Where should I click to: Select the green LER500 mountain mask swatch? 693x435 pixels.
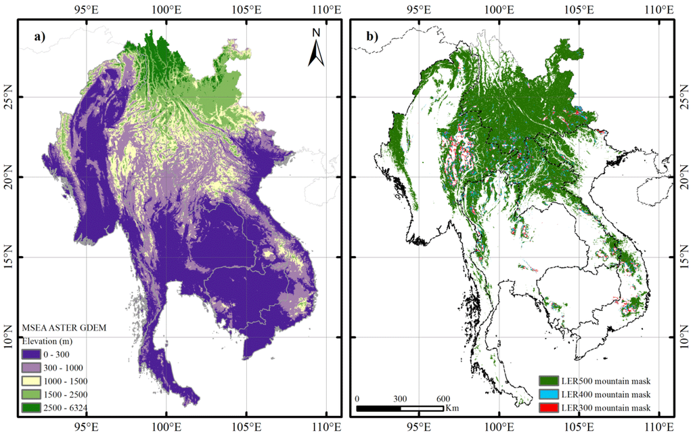[547, 381]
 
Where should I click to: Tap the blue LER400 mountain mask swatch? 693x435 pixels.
[547, 394]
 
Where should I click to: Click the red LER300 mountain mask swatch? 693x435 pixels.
[547, 407]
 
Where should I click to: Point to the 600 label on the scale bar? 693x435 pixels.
[443, 398]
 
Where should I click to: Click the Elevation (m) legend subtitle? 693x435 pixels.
[50, 341]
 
